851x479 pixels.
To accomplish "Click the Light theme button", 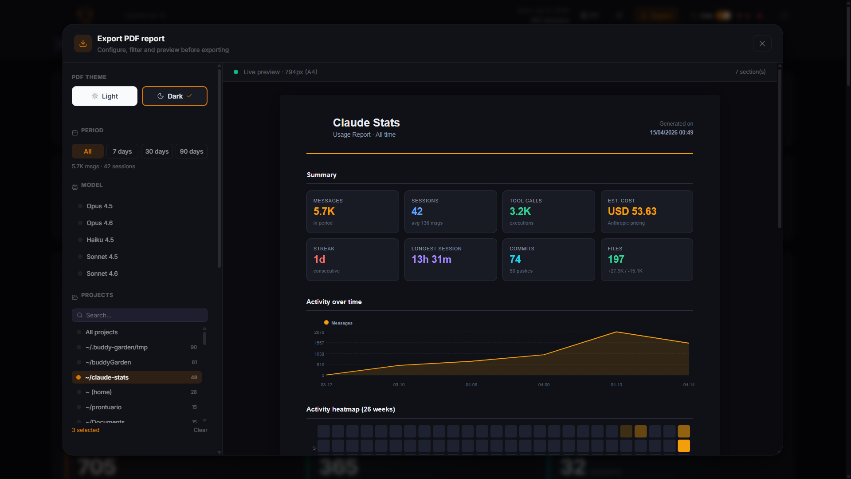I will coord(105,96).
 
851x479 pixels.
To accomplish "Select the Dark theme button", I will coord(174,96).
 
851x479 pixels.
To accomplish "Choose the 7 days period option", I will coord(122,151).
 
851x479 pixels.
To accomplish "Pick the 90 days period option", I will coord(191,151).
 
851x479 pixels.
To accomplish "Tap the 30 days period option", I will coord(157,151).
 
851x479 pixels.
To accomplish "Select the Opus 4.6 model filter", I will coord(99,223).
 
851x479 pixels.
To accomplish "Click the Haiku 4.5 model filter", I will coord(100,240).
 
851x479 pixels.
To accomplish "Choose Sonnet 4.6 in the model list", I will coord(102,273).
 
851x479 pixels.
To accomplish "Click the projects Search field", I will coord(140,315).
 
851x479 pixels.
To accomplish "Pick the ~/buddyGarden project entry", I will coord(108,362).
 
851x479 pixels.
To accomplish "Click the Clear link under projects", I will coord(200,430).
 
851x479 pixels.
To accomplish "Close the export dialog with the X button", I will coord(762,44).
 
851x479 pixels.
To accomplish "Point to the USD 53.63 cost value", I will coord(632,211).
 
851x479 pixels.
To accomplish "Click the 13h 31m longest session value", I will coord(431,259).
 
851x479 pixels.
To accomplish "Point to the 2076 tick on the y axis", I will coord(319,333).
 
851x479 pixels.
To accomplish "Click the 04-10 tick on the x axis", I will coord(616,385).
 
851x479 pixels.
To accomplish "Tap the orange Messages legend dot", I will coord(326,323).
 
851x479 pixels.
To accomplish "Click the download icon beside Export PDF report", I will coord(83,44).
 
